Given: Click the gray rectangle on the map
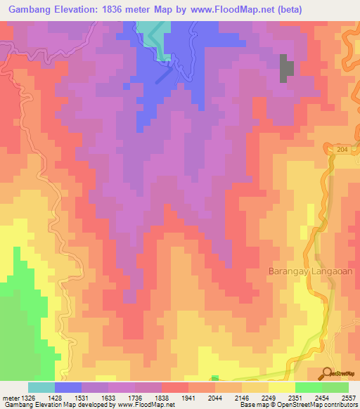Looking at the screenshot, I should (286, 68).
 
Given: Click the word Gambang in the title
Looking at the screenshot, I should (32, 11).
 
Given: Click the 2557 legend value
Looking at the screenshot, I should (349, 398).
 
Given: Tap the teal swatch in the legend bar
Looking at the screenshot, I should (41, 387).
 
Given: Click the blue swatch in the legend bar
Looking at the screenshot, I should (68, 387).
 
